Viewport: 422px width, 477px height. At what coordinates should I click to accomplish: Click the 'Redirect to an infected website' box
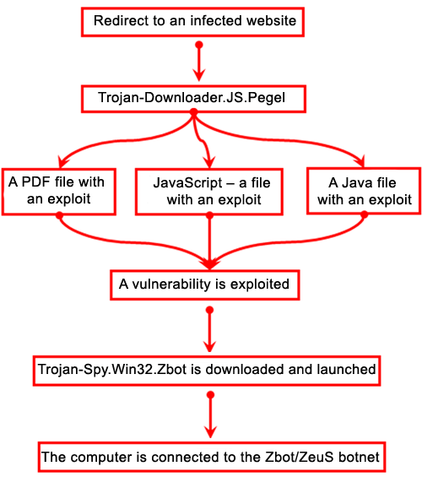pyautogui.click(x=192, y=22)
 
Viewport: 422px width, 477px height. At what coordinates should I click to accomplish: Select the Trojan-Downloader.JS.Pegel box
pyautogui.click(x=193, y=99)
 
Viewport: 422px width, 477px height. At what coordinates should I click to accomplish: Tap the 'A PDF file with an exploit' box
pyautogui.click(x=59, y=192)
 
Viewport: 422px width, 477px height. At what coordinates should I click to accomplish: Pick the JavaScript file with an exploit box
pyautogui.click(x=209, y=192)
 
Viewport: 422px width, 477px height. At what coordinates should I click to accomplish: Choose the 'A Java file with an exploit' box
pyautogui.click(x=364, y=191)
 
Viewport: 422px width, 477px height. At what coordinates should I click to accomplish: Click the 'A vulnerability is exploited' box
pyautogui.click(x=205, y=285)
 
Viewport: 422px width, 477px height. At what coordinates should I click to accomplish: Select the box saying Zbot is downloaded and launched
pyautogui.click(x=207, y=371)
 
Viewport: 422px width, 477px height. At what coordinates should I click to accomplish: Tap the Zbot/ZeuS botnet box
pyautogui.click(x=212, y=458)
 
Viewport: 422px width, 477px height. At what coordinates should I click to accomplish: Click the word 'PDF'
pyautogui.click(x=36, y=182)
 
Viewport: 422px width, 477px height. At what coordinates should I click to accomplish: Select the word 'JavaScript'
pyautogui.click(x=188, y=183)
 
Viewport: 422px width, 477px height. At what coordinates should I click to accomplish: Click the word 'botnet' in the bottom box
pyautogui.click(x=359, y=457)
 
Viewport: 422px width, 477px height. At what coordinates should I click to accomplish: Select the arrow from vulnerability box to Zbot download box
pyautogui.click(x=209, y=330)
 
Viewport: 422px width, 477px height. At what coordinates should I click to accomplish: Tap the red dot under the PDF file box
pyautogui.click(x=60, y=215)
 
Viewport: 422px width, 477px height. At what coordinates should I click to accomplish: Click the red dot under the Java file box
pyautogui.click(x=365, y=214)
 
